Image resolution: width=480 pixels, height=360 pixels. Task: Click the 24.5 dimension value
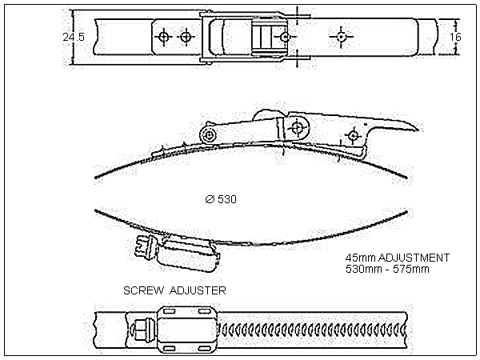(74, 37)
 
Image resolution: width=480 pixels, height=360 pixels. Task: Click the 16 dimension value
(455, 37)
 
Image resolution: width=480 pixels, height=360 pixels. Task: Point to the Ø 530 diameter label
(221, 199)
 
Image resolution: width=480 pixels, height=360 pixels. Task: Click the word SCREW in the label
(143, 290)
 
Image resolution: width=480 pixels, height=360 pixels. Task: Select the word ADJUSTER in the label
(198, 290)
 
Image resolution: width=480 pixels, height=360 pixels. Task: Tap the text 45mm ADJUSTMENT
(398, 258)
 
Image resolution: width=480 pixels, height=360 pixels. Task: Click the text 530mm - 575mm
(387, 269)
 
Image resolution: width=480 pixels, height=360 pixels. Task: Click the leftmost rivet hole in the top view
(164, 37)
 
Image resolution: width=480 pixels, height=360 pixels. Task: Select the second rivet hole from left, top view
(186, 37)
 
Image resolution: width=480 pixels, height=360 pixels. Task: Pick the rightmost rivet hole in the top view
(341, 37)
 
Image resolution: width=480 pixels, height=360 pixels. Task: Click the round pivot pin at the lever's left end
(209, 134)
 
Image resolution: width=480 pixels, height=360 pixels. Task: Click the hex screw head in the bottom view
(142, 330)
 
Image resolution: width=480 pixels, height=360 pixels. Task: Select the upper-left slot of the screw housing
(170, 312)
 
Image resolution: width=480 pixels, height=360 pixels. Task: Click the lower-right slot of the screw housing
(203, 348)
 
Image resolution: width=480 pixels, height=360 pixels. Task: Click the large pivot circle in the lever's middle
(297, 127)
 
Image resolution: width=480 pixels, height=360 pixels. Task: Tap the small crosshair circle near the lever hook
(353, 136)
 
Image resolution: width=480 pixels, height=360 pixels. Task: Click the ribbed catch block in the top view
(265, 37)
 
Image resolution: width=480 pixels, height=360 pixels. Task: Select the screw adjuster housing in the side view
(187, 254)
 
